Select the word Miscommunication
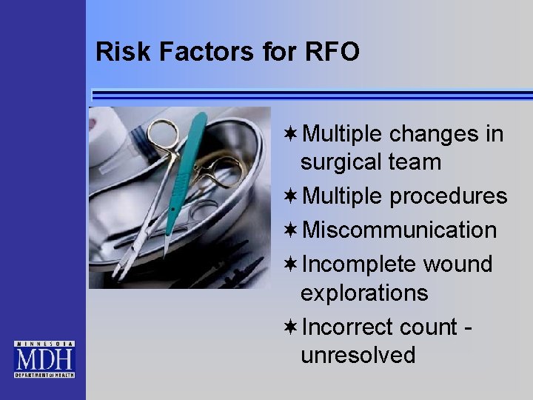[x=400, y=230]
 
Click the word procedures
[x=448, y=196]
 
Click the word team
[x=418, y=162]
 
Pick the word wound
[x=457, y=264]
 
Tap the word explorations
[x=364, y=293]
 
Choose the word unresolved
[x=358, y=355]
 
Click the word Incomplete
[x=361, y=264]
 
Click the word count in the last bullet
[x=428, y=327]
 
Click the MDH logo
[x=44, y=359]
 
